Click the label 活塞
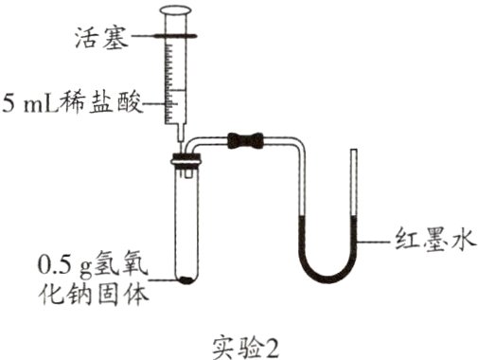tap(101, 38)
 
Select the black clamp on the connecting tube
tap(248, 142)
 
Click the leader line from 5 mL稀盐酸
tap(156, 102)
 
